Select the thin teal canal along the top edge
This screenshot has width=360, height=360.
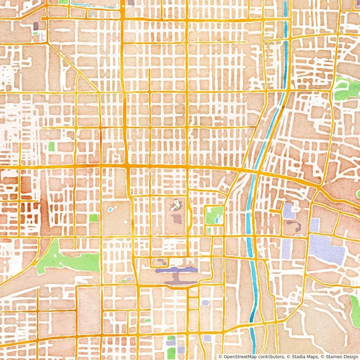(94, 6)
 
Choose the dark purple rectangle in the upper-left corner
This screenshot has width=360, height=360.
(36, 26)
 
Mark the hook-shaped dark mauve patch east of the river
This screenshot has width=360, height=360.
(294, 225)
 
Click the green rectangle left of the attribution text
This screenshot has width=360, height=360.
(171, 352)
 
